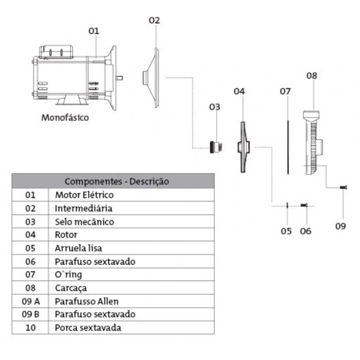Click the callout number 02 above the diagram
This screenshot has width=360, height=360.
[x=154, y=21]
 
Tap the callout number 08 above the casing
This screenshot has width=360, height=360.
[x=312, y=76]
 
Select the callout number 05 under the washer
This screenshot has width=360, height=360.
[x=286, y=231]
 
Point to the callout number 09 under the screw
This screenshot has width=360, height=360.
[x=340, y=226]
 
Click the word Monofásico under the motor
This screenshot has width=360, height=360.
[x=65, y=117]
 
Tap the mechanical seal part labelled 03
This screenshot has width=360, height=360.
[x=215, y=147]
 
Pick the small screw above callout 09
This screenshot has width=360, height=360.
[x=343, y=187]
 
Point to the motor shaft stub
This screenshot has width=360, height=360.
[x=120, y=77]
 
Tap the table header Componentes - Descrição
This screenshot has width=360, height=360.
[x=117, y=181]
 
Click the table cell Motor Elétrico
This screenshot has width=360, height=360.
[x=84, y=195]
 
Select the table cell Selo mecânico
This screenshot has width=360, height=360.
[x=84, y=221]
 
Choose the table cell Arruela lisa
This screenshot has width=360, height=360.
[x=78, y=248]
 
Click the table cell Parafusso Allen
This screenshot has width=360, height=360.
[x=86, y=301]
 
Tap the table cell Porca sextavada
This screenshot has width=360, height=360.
[x=88, y=328]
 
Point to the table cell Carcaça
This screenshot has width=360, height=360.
[x=71, y=288]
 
